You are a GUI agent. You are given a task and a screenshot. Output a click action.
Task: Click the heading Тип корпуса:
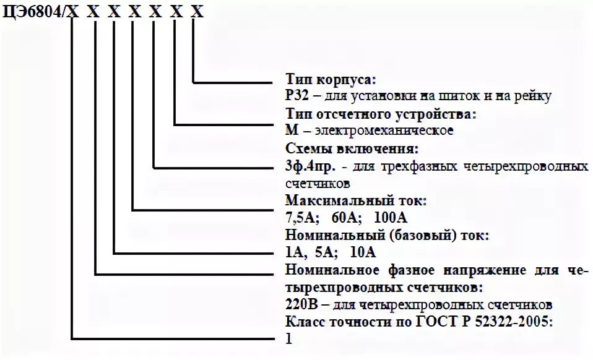point(331,80)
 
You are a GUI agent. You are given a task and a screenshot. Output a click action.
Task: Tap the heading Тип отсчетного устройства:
point(381,114)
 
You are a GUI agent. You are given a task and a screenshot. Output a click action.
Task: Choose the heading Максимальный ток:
point(356,201)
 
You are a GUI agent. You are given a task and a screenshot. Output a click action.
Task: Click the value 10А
point(362,252)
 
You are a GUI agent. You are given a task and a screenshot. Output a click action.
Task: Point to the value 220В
point(301,305)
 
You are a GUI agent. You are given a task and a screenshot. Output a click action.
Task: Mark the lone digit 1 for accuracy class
point(288,339)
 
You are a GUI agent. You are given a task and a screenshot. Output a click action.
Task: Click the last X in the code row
point(196,12)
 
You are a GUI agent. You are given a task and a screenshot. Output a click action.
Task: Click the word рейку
point(533,96)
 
